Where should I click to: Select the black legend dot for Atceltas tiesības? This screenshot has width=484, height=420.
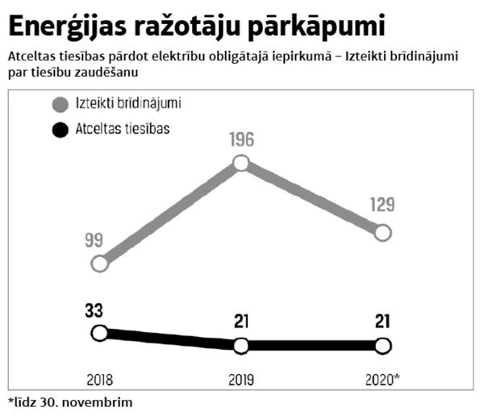[58, 129]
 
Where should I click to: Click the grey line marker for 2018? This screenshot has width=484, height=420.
[99, 264]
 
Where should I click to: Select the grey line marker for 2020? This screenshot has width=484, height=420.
[383, 233]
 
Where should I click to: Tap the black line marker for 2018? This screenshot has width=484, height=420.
[99, 333]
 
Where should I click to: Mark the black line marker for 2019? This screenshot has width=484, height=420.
[240, 346]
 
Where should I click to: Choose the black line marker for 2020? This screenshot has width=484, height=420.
[383, 346]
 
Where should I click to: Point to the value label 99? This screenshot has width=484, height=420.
[94, 240]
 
